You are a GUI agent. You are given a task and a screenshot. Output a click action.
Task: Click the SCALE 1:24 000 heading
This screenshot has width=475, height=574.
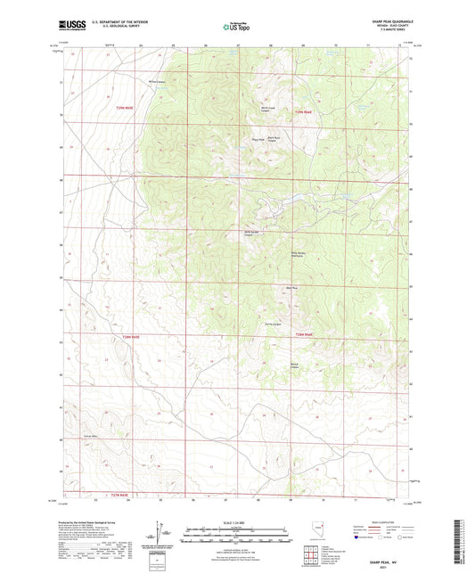coord(236,522)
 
